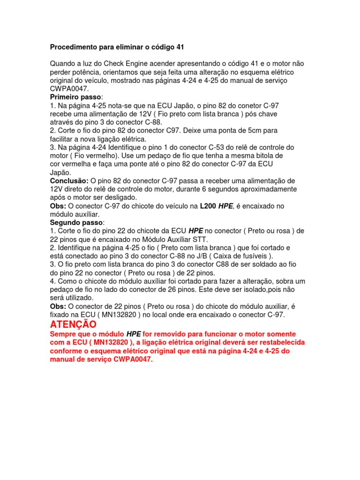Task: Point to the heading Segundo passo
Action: pos(76,222)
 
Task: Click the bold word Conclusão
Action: pos(69,180)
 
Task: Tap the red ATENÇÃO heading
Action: pos(73,324)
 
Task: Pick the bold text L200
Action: pos(209,206)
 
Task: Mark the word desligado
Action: pos(118,197)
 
